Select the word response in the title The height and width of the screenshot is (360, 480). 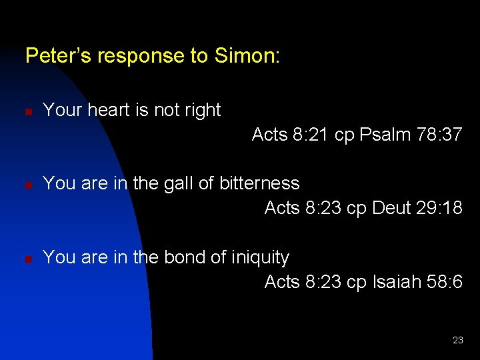tap(143, 57)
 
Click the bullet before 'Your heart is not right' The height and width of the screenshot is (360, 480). tap(29, 111)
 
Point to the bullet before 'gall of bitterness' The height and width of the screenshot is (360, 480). tap(29, 185)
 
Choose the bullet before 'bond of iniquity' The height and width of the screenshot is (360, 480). tap(29, 259)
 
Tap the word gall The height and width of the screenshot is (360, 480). tap(179, 183)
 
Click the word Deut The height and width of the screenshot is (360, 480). tap(392, 209)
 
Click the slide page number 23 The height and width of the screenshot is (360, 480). tap(457, 340)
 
